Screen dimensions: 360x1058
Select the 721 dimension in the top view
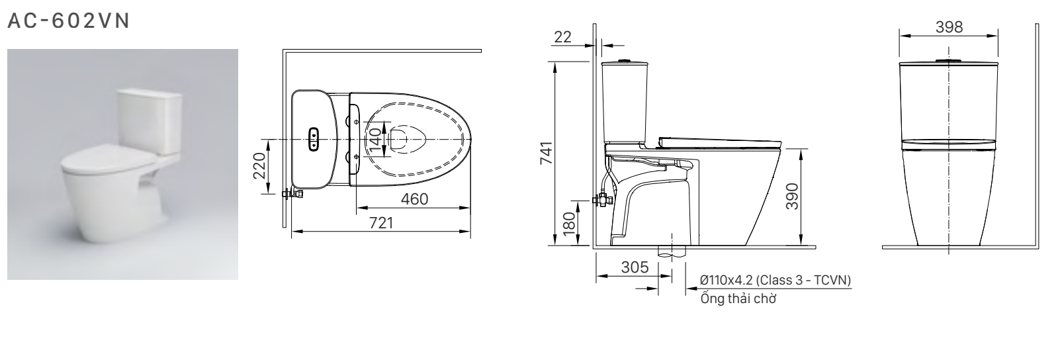(x=381, y=222)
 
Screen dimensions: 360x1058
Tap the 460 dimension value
(x=414, y=199)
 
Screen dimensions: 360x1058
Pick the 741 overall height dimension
(x=546, y=154)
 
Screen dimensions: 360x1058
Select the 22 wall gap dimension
(x=562, y=37)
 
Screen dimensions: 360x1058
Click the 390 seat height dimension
(x=792, y=197)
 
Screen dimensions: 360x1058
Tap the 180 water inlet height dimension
(x=568, y=223)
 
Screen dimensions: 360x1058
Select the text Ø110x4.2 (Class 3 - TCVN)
(x=775, y=280)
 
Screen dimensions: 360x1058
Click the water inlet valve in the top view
(x=291, y=194)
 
